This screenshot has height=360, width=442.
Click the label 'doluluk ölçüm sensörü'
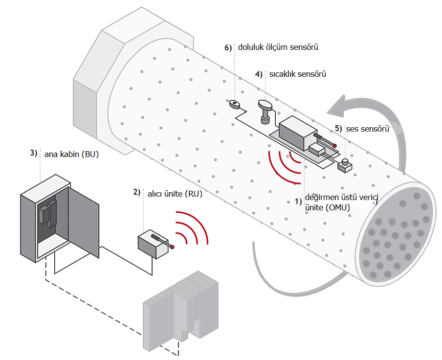(x=278, y=47)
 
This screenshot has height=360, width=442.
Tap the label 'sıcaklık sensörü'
(x=298, y=74)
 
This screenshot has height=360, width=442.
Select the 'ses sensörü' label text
(x=368, y=129)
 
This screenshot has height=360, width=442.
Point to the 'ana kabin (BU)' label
(x=71, y=154)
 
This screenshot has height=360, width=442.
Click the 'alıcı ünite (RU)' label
(x=175, y=194)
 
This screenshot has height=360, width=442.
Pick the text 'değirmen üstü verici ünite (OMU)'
(x=341, y=202)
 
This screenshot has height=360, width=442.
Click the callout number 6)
(x=228, y=47)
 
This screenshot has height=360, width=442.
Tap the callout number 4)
(x=259, y=74)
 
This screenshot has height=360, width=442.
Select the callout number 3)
(x=34, y=153)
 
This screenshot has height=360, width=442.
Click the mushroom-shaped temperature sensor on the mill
(x=265, y=112)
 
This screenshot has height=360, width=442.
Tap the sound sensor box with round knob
(x=345, y=165)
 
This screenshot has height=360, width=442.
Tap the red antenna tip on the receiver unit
(x=172, y=247)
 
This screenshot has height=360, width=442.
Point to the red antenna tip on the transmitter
(x=334, y=146)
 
